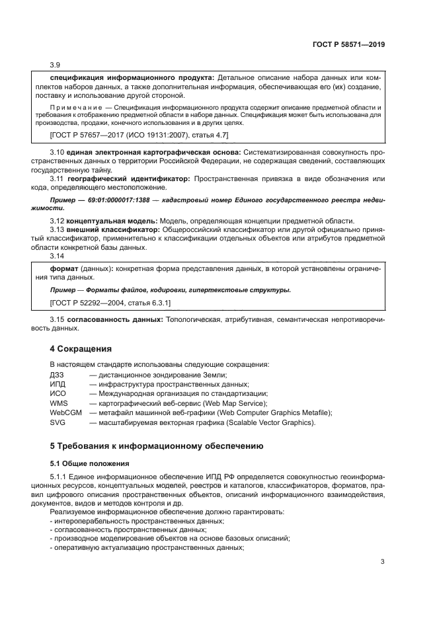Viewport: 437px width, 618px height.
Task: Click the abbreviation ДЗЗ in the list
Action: tap(58, 375)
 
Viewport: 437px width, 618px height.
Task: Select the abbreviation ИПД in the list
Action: tap(58, 385)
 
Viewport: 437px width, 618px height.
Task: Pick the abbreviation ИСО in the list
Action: tap(58, 394)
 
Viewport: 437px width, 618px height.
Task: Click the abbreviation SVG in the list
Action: tap(58, 422)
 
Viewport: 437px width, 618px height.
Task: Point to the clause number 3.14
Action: tap(57, 257)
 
